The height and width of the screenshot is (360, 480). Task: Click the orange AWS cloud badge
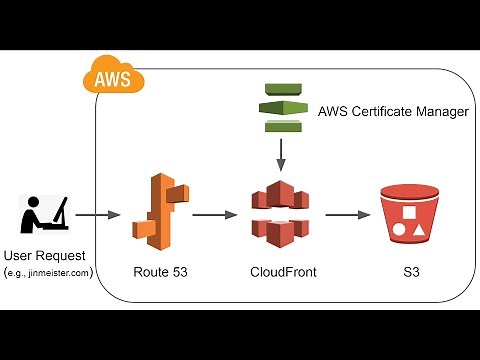(111, 76)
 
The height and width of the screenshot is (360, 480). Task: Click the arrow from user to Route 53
(97, 215)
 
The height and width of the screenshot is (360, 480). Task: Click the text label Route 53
(157, 271)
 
